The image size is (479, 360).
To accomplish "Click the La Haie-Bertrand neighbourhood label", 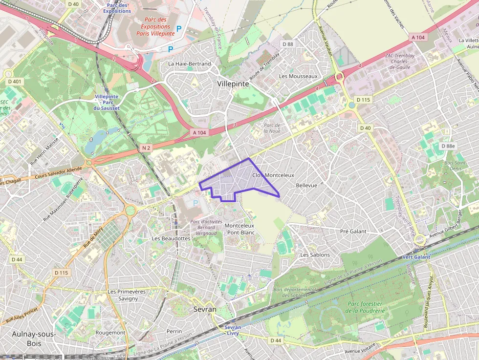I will pos(189,64).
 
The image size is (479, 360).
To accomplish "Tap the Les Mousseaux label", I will pos(298,76).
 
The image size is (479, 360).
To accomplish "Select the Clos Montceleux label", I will pos(273,175).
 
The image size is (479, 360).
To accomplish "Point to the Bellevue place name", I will pos(306,186).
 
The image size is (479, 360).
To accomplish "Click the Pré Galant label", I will pos(353,231).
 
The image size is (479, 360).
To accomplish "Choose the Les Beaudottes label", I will pos(171,238).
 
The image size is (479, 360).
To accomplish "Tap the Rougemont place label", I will pos(110,332).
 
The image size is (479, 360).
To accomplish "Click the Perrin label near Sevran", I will pos(174,331).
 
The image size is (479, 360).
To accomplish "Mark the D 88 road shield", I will pos(287,44).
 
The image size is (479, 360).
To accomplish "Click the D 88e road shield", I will pos(447,146).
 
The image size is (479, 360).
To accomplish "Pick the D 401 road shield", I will pos(15,82).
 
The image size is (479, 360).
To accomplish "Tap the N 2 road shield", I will pos(146,148).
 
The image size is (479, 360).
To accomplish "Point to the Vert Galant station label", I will pos(416,257).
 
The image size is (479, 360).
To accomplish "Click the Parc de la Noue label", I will pos(272,127).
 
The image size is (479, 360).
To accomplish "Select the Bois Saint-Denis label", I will pos(455,166).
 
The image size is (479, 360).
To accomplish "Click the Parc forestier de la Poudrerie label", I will pos(365,307).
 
